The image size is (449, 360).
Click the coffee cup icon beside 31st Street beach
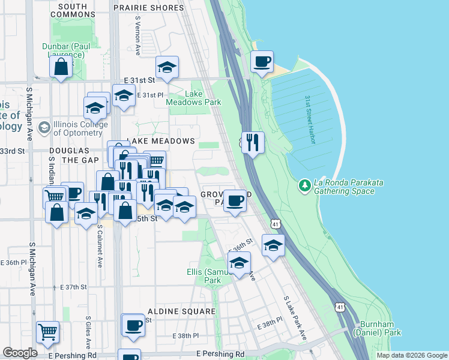tap(261, 62)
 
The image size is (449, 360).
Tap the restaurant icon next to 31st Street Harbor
tap(253, 142)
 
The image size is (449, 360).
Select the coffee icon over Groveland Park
tap(235, 200)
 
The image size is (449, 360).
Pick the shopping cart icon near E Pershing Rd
tap(47, 332)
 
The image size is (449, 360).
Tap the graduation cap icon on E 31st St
tap(166, 67)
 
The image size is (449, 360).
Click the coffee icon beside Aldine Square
tap(133, 326)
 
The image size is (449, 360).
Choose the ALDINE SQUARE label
tap(181, 311)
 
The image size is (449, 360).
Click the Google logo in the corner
tap(20, 353)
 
